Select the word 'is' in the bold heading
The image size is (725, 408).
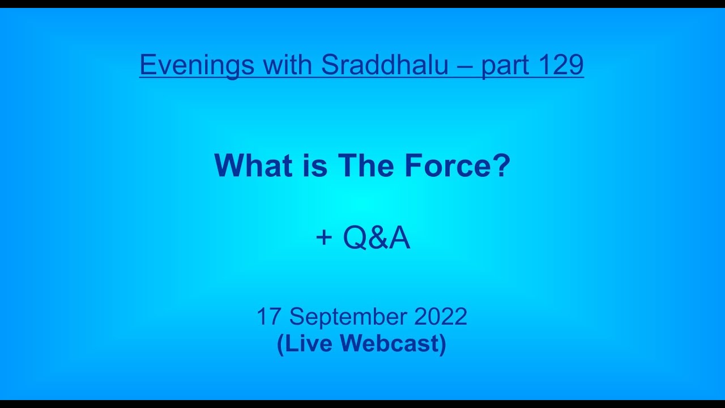310,165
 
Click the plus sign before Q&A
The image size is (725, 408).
323,238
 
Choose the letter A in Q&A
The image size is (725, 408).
398,239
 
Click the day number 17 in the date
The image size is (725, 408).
269,317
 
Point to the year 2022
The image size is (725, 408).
441,317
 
